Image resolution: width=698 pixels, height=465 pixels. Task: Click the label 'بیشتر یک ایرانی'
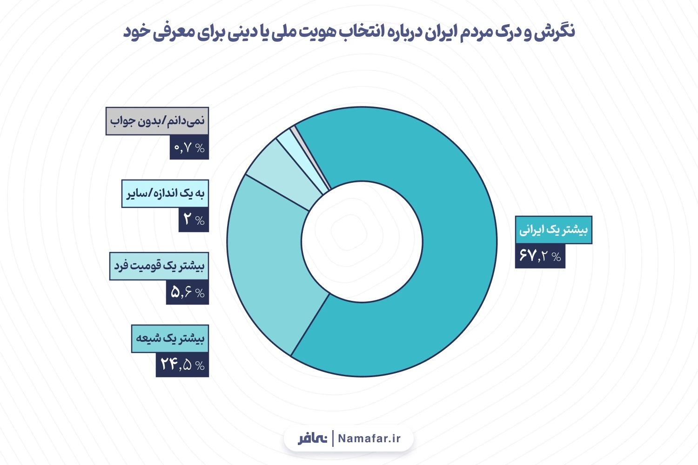553,230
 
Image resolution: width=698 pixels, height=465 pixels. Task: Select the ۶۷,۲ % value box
540,256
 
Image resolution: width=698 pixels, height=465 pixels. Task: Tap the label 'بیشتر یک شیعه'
170,339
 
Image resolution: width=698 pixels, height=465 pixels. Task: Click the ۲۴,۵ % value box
182,365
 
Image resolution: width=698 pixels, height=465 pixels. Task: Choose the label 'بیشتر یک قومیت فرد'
159,266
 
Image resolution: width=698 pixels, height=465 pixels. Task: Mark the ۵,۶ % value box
187,292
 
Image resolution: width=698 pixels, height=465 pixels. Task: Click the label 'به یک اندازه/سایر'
165,193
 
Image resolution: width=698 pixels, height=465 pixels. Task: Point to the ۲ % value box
193,219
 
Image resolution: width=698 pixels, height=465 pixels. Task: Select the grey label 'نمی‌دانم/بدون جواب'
157,121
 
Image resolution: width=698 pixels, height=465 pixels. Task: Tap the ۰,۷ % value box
189,147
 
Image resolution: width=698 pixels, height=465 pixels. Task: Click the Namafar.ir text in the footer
369,438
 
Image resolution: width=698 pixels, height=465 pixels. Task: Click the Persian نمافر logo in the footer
313,438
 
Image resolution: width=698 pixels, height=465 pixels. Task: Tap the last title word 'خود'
136,32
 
